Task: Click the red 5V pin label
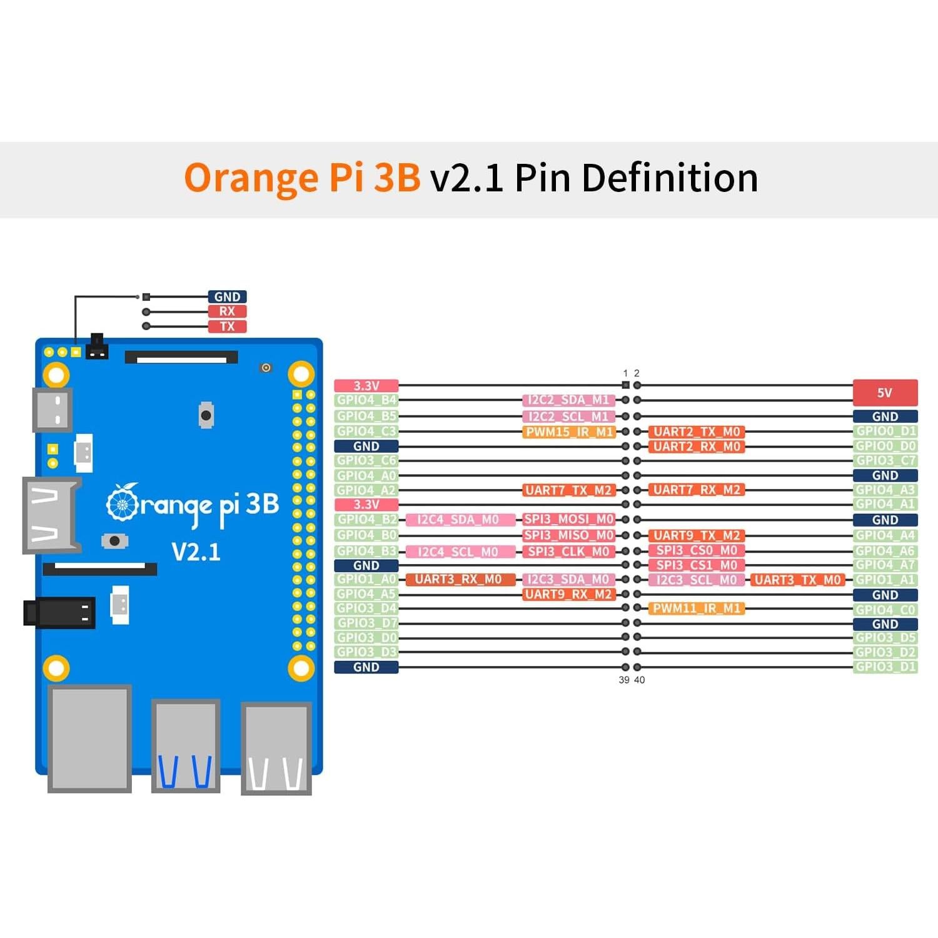[885, 393]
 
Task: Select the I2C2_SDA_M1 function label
[568, 400]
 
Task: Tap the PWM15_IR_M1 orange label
[569, 432]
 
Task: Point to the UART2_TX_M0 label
[697, 432]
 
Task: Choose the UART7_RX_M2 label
[697, 490]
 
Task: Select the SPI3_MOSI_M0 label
[568, 520]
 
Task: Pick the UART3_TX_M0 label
[797, 580]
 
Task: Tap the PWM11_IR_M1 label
[697, 608]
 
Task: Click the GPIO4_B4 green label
[366, 400]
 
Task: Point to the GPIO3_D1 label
[885, 667]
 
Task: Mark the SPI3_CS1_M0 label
[697, 565]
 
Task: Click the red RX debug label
[227, 311]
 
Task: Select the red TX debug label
[227, 326]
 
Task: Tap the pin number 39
[623, 680]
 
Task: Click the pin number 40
[639, 680]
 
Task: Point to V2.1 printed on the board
[196, 552]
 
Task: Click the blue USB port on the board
[186, 746]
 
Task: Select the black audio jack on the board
[59, 612]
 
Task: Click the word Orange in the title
[251, 178]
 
